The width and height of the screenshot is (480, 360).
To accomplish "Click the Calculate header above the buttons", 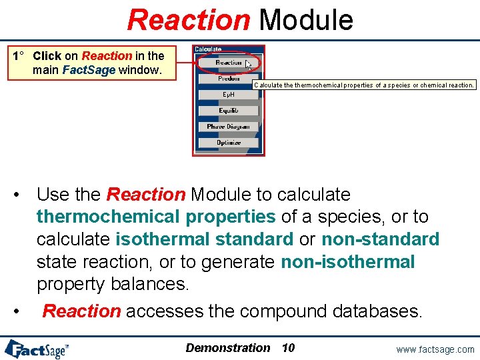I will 208,49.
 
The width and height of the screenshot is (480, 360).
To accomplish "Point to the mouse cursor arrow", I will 248,64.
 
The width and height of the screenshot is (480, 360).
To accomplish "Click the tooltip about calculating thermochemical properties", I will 364,85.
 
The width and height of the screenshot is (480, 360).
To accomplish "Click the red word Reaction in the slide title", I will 188,19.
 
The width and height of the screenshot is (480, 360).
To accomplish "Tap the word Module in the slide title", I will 306,19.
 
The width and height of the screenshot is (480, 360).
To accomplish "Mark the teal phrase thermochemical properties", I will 156,217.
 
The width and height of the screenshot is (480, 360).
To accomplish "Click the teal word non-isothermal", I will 348,262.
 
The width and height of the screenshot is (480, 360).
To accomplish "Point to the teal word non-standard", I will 381,239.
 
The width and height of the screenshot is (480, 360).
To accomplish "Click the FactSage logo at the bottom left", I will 37,349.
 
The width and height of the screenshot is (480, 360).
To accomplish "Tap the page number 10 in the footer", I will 288,348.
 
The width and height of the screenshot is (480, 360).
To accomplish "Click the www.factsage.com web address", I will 435,349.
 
